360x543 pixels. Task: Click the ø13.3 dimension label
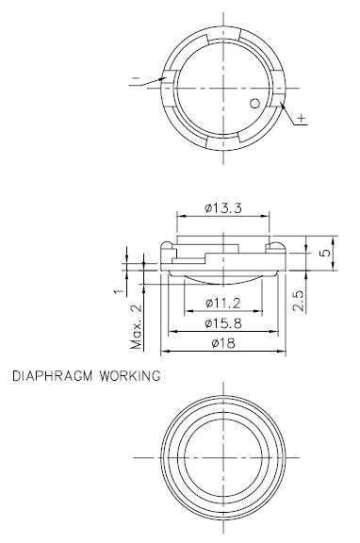(x=223, y=208)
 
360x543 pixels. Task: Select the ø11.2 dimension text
(x=223, y=304)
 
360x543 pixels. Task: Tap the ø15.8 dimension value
(x=223, y=323)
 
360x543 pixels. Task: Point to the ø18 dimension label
(x=223, y=343)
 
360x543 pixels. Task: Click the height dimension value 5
(x=325, y=253)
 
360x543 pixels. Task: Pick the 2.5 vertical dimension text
(x=299, y=300)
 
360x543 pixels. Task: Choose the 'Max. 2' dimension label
(x=136, y=326)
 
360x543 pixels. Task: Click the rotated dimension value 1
(x=119, y=290)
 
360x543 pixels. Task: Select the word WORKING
(x=130, y=376)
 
